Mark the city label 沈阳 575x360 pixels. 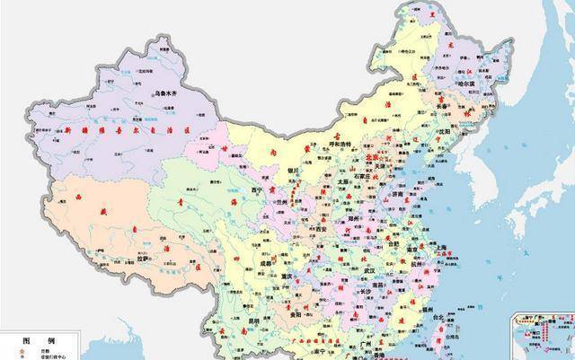coord(445,131)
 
